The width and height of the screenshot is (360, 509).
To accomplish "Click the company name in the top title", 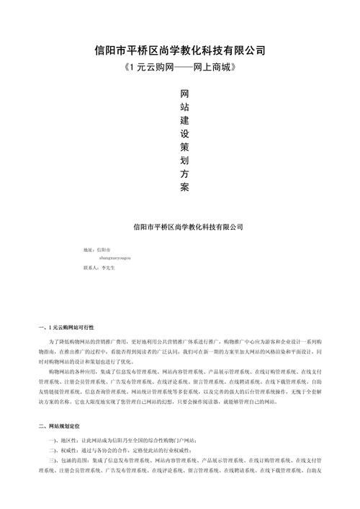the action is point(180,50).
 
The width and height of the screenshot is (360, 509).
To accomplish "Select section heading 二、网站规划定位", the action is point(65,427).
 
